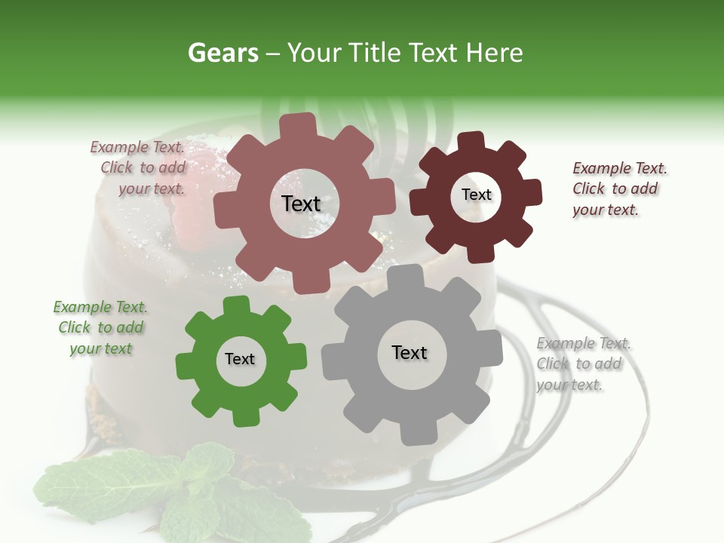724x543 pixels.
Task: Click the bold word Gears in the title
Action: click(x=222, y=53)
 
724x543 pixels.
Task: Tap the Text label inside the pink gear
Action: click(x=301, y=204)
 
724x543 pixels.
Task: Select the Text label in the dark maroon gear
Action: click(x=476, y=195)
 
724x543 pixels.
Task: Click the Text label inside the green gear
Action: click(x=240, y=359)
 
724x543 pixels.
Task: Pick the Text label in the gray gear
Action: click(x=410, y=352)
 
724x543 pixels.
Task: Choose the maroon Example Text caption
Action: click(x=618, y=189)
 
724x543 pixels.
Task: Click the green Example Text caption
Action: click(x=100, y=327)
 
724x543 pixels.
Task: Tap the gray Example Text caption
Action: click(x=582, y=364)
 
